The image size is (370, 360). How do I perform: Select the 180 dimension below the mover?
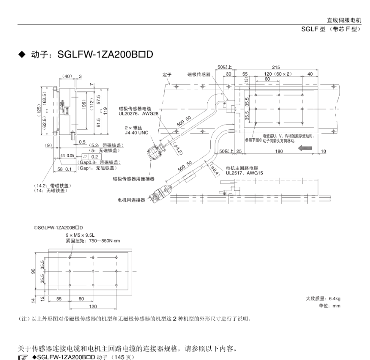[x=279, y=151]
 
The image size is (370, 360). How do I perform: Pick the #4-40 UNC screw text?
[x=136, y=133]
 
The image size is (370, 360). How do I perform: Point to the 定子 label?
[x=167, y=74]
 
